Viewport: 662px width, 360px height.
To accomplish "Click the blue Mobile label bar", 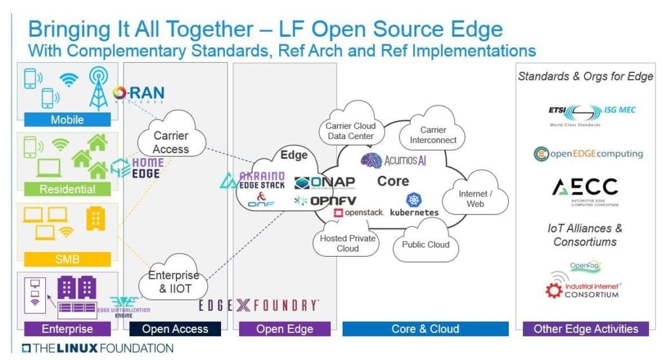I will [67, 120].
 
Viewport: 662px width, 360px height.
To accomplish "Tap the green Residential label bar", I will [67, 189].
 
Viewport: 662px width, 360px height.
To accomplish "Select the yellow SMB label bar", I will [67, 259].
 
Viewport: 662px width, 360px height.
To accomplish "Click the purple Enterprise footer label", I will [67, 329].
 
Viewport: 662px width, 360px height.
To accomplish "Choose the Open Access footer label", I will [175, 329].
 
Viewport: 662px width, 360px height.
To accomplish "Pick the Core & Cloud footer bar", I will [425, 329].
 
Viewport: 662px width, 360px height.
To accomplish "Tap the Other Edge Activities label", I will [586, 329].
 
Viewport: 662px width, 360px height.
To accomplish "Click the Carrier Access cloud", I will [171, 142].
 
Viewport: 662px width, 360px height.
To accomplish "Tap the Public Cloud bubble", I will [425, 245].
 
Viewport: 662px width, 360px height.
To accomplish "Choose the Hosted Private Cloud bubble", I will [348, 243].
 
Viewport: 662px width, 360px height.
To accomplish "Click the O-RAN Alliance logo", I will [138, 94].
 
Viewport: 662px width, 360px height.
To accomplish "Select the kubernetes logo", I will [414, 206].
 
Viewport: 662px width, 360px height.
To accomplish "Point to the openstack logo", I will [359, 212].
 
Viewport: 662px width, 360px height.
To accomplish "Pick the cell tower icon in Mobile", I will [98, 87].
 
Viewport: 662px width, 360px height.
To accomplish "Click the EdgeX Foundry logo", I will [259, 306].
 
